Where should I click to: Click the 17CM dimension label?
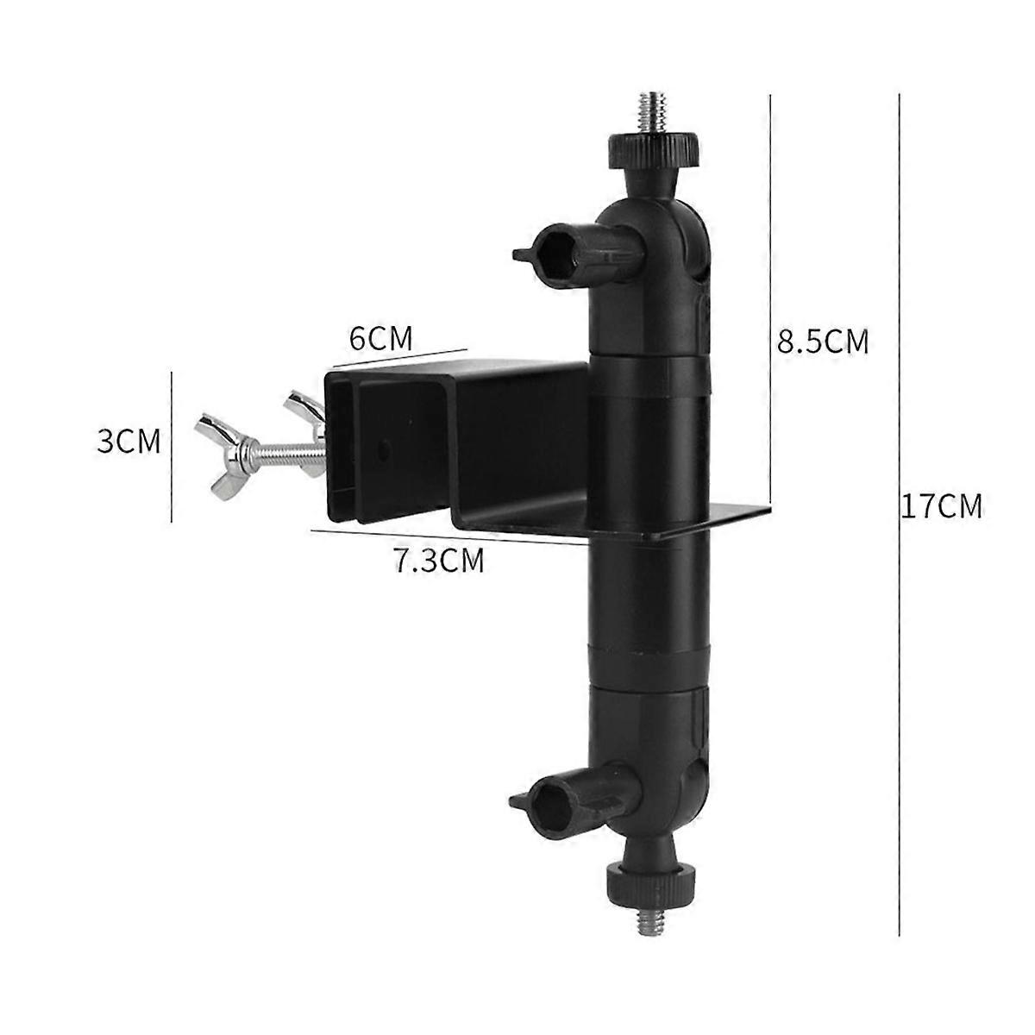pos(941,505)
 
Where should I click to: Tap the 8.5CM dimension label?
pos(822,342)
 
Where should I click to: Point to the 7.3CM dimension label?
pos(439,561)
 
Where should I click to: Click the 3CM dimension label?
pos(129,442)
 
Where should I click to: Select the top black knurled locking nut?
pos(644,152)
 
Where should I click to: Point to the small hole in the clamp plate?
pos(383,448)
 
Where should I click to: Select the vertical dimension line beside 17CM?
pos(900,500)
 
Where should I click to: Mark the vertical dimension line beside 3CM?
pos(172,446)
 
